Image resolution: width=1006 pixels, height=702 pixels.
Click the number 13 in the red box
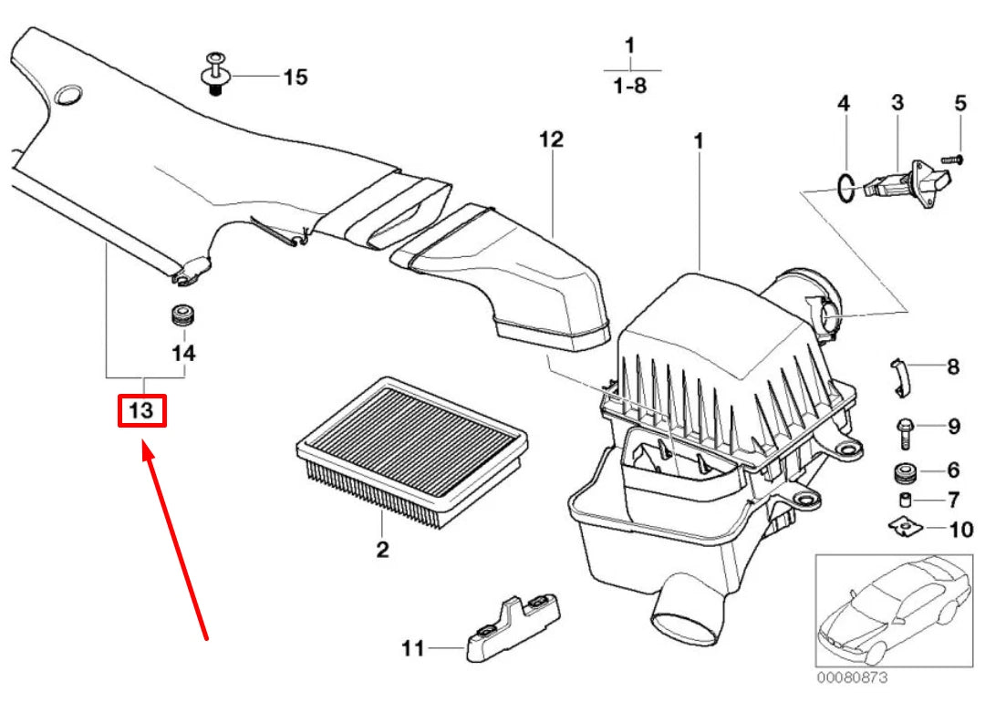pos(142,411)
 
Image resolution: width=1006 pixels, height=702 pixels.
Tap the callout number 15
pos(295,77)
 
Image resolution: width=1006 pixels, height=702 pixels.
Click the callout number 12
pos(551,139)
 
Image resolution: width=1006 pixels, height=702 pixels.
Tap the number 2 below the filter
pos(382,549)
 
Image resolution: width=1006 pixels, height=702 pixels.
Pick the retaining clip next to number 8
pos(900,377)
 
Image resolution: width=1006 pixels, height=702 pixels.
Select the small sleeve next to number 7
pos(906,500)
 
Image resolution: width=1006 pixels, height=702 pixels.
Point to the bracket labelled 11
pos(513,628)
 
